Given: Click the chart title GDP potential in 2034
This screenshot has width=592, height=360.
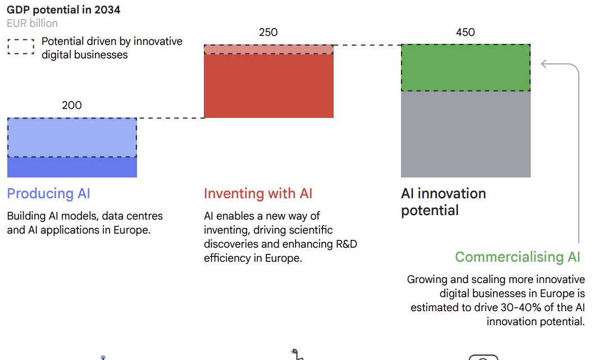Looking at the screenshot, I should [63, 10].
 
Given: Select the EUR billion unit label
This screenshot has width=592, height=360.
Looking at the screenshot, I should [32, 23].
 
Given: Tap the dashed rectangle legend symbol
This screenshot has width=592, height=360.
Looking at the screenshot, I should [21, 47].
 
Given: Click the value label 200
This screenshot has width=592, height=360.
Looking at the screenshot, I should [72, 105].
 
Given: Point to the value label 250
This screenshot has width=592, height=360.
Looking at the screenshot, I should [268, 32].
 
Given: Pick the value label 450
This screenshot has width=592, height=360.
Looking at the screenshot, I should [466, 32].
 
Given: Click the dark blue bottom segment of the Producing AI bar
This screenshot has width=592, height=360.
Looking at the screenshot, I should [72, 167].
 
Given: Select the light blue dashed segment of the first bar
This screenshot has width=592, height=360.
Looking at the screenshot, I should [72, 138].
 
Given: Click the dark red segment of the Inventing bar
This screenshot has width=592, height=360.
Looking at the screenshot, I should [268, 85].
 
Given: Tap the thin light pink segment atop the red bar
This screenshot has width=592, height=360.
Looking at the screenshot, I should [268, 49].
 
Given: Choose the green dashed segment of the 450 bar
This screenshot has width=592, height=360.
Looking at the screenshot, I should [466, 67].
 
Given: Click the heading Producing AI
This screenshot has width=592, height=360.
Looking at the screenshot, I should [48, 194].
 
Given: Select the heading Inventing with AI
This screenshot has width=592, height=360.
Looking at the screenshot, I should [258, 194].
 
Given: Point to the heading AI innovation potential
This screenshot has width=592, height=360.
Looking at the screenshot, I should [443, 202].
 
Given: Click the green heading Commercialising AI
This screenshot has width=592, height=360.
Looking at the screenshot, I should [517, 257].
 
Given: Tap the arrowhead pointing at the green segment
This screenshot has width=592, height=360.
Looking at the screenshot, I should [544, 64].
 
